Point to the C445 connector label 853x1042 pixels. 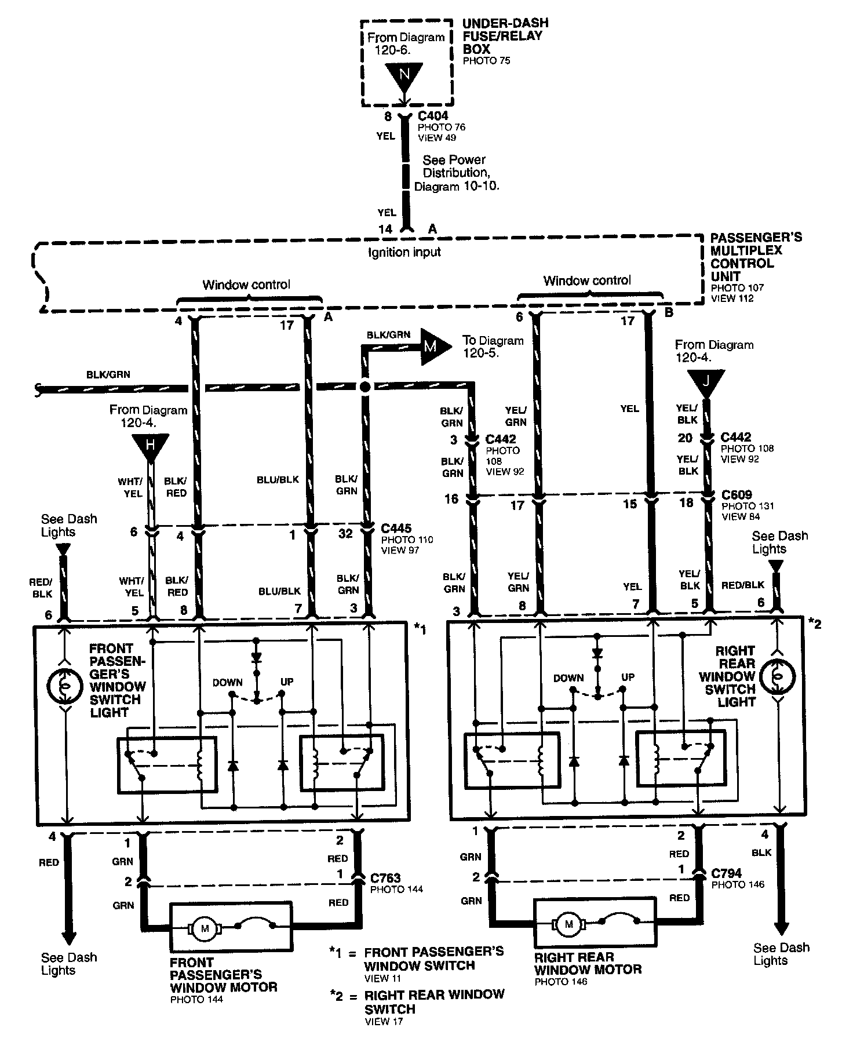pos(396,529)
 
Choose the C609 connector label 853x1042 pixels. pos(736,495)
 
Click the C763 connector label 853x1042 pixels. pos(385,879)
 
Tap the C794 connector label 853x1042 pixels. pos(726,873)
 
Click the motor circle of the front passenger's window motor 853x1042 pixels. pos(204,929)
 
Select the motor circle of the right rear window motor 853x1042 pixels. pos(569,924)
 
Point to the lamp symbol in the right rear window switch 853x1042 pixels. pos(778,677)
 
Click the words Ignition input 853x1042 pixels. pos(404,253)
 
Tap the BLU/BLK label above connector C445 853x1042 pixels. pos(278,480)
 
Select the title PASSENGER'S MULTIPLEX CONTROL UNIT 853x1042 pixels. pos(756,257)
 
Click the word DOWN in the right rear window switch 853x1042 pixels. pos(568,678)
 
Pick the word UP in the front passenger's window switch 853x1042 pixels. pos(287,682)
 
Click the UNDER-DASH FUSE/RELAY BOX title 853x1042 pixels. pos(505,37)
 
